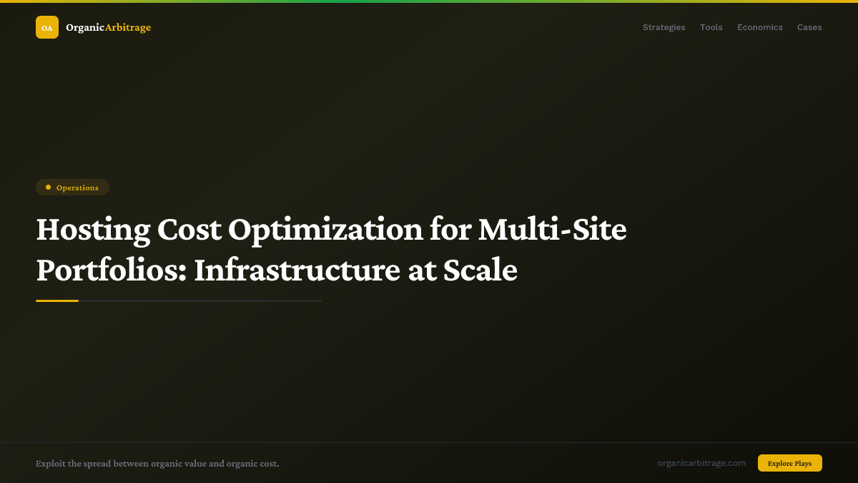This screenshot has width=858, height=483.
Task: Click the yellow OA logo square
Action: pos(47,27)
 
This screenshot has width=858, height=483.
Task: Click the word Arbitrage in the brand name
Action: pos(128,27)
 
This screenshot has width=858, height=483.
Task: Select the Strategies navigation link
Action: pos(664,27)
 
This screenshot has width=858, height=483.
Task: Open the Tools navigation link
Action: pos(711,27)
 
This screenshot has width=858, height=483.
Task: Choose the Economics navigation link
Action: pos(759,27)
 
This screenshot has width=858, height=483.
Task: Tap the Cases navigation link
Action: pos(809,27)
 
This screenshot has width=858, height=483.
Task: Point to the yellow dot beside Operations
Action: pos(48,187)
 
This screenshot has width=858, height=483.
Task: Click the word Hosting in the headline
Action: pos(93,230)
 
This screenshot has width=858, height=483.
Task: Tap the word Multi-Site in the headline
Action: pos(552,230)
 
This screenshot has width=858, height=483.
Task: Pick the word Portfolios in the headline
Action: pos(108,270)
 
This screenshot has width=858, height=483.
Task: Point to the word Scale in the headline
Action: pos(480,270)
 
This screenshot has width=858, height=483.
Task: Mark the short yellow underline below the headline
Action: pos(57,301)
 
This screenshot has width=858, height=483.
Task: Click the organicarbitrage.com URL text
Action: pos(701,463)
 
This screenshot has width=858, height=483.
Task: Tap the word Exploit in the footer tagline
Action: pos(51,464)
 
